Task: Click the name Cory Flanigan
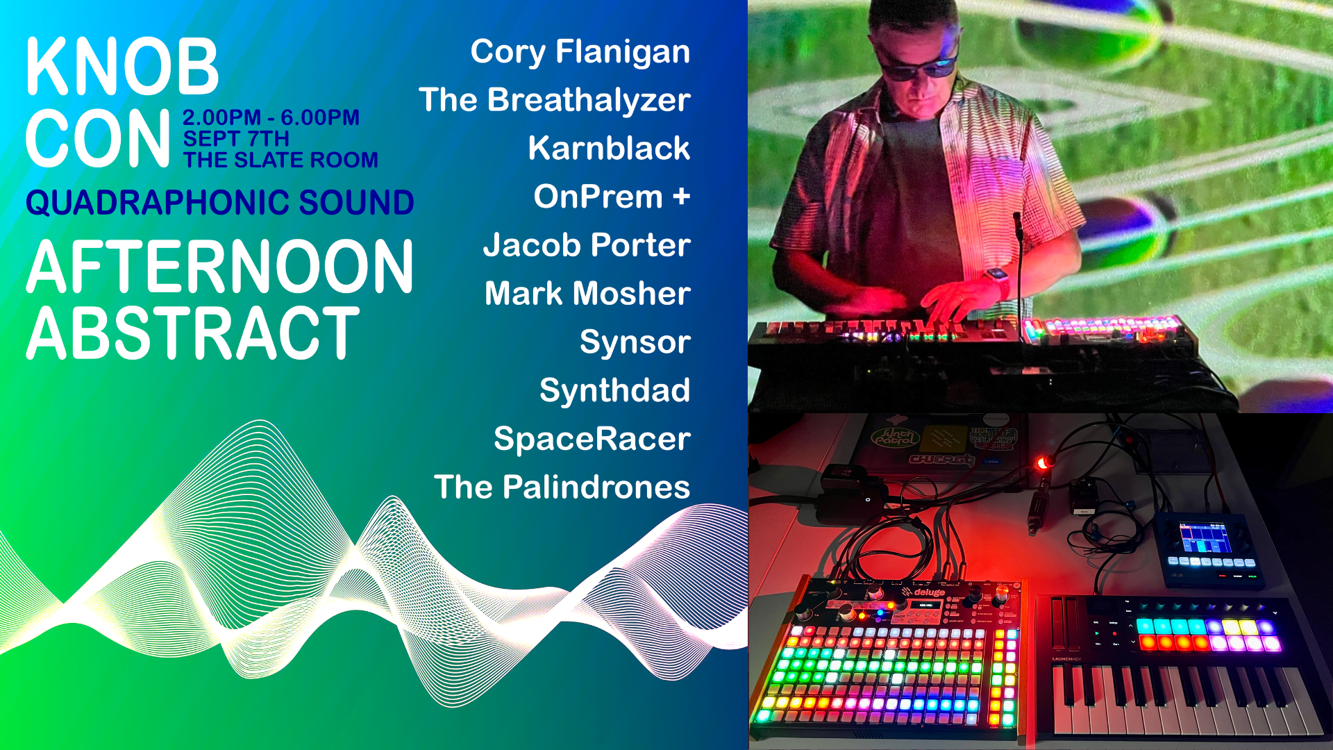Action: (x=580, y=52)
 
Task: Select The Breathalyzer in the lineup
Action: (x=555, y=100)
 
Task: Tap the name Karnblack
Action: (x=609, y=148)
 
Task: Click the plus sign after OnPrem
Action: (x=681, y=197)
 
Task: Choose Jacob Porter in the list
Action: (x=587, y=245)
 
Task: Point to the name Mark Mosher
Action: (x=587, y=293)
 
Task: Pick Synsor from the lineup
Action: (x=635, y=342)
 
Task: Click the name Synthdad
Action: (x=614, y=390)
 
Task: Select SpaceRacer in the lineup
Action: (x=592, y=439)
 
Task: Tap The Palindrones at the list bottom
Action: (x=562, y=487)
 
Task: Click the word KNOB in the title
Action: (x=122, y=67)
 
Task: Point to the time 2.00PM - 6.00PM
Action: (x=271, y=117)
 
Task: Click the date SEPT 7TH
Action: (x=236, y=139)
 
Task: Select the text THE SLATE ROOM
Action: (x=280, y=160)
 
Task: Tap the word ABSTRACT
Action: (x=193, y=334)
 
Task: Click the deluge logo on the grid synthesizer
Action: (x=924, y=592)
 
